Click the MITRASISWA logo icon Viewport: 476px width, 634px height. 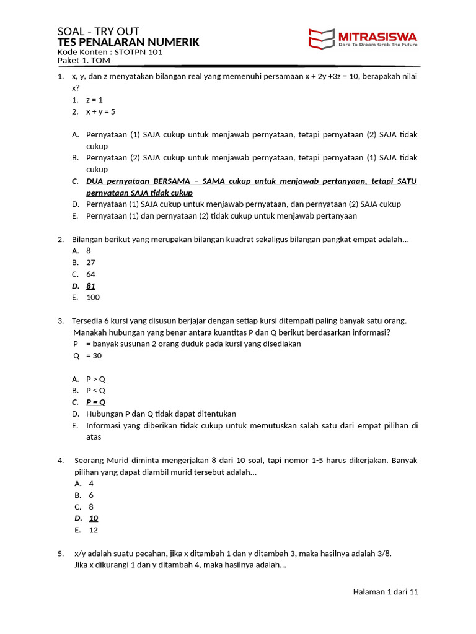pyautogui.click(x=322, y=38)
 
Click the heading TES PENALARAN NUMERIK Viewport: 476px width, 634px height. pyautogui.click(x=128, y=42)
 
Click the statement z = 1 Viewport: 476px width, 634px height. pyautogui.click(x=94, y=100)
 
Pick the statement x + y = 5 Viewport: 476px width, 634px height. pyautogui.click(x=100, y=111)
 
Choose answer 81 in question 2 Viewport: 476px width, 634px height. pyautogui.click(x=90, y=285)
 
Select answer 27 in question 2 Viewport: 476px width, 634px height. pyautogui.click(x=90, y=263)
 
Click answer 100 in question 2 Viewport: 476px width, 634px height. pyautogui.click(x=93, y=297)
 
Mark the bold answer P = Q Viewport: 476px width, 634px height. pyautogui.click(x=95, y=402)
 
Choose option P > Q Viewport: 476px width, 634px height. pyautogui.click(x=95, y=379)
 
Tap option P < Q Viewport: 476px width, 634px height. pyautogui.click(x=95, y=390)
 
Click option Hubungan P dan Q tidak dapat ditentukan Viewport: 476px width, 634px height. pyautogui.click(x=161, y=414)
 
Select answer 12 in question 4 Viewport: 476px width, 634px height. pyautogui.click(x=94, y=530)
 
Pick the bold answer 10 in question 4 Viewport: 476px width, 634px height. pyautogui.click(x=94, y=518)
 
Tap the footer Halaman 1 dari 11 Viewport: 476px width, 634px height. pyautogui.click(x=386, y=592)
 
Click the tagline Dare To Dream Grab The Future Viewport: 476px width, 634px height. pyautogui.click(x=378, y=45)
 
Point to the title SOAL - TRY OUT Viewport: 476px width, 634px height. pyautogui.click(x=99, y=32)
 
